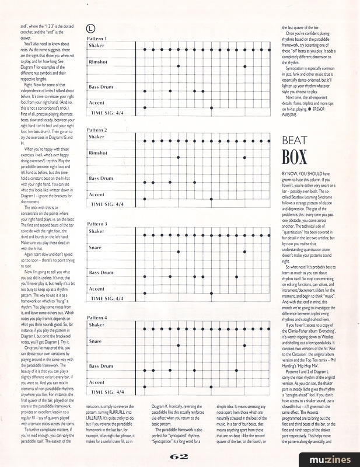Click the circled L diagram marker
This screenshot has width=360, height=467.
tap(90, 27)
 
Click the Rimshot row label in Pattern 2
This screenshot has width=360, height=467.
tap(99, 153)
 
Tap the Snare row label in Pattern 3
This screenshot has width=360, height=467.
tap(96, 248)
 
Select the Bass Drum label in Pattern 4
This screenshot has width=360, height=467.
tap(101, 366)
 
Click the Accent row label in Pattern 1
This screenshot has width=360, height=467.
tap(97, 102)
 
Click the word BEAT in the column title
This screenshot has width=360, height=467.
tap(295, 141)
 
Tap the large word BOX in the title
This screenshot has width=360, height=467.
tap(295, 158)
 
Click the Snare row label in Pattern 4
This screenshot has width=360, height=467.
tap(96, 341)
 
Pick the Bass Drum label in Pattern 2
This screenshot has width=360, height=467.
tap(101, 178)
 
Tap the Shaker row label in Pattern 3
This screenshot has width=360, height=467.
tap(97, 232)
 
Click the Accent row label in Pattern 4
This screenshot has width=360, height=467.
tap(97, 382)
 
